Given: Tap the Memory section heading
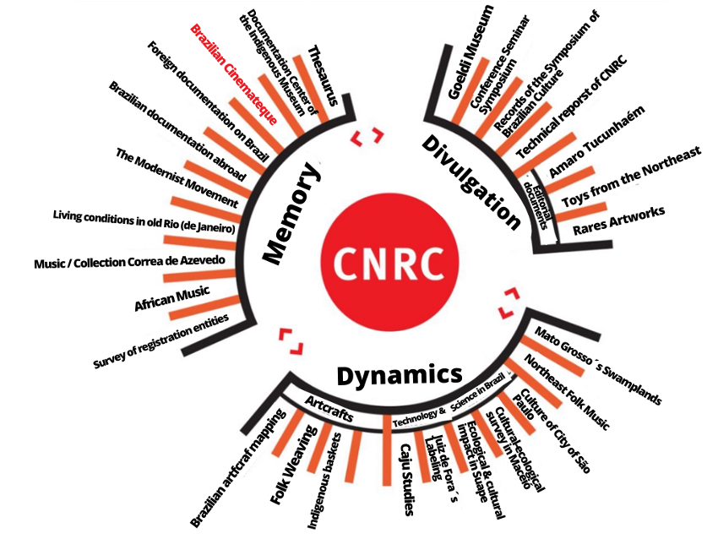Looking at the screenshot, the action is [291, 214].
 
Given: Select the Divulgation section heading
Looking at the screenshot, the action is [471, 182].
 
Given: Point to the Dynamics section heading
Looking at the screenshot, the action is [400, 374].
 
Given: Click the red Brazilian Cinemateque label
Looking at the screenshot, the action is [234, 74].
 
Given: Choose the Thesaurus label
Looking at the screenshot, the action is [323, 75].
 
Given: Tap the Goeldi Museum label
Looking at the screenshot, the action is [471, 52].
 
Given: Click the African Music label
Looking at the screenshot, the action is [172, 298].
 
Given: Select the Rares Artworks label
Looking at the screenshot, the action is [618, 220].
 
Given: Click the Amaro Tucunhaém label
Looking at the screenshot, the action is [597, 141].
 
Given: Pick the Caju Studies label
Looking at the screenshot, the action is [408, 479].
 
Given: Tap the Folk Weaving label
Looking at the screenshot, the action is [293, 465].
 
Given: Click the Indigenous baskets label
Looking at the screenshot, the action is [324, 482].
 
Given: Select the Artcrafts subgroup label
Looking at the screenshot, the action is [329, 409].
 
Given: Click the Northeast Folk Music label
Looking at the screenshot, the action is [567, 393].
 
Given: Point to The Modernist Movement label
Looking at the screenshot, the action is [177, 177].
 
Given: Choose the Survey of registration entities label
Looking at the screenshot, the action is [160, 341].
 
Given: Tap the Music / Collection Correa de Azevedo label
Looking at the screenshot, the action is [129, 262].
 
